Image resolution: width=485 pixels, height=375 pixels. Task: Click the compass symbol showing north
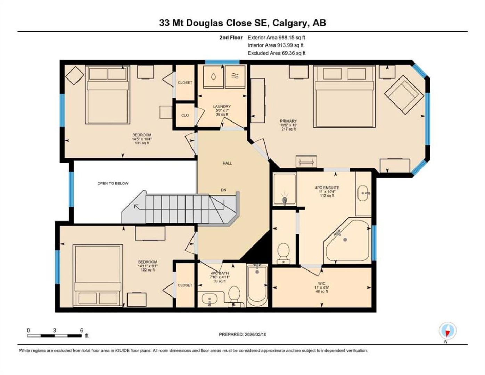click(x=448, y=331)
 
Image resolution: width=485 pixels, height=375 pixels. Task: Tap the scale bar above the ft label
click(x=55, y=335)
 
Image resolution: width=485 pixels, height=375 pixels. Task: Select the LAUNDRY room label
click(x=222, y=106)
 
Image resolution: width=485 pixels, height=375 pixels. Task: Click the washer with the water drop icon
click(x=214, y=76)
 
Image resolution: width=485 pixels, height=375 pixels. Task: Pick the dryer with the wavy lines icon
click(x=235, y=76)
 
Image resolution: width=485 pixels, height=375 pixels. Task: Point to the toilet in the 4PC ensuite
click(x=283, y=253)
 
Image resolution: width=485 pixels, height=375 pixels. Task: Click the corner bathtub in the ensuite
click(x=347, y=242)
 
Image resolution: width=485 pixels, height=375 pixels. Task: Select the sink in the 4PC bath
click(x=209, y=299)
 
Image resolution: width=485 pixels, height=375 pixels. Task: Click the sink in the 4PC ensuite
click(x=364, y=193)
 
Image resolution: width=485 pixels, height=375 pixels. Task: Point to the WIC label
click(x=322, y=284)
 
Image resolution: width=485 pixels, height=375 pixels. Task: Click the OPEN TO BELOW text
click(x=113, y=183)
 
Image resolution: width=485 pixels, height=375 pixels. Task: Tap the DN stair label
click(x=223, y=190)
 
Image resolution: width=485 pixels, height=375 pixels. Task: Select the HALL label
click(x=227, y=163)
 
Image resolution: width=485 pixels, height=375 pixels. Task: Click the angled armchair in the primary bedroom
click(x=404, y=94)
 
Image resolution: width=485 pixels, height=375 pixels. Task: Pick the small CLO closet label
click(x=185, y=115)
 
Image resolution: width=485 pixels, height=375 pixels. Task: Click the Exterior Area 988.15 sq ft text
click(x=276, y=37)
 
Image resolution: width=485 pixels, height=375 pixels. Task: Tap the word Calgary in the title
click(x=289, y=23)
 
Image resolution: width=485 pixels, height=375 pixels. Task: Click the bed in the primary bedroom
click(x=344, y=97)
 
